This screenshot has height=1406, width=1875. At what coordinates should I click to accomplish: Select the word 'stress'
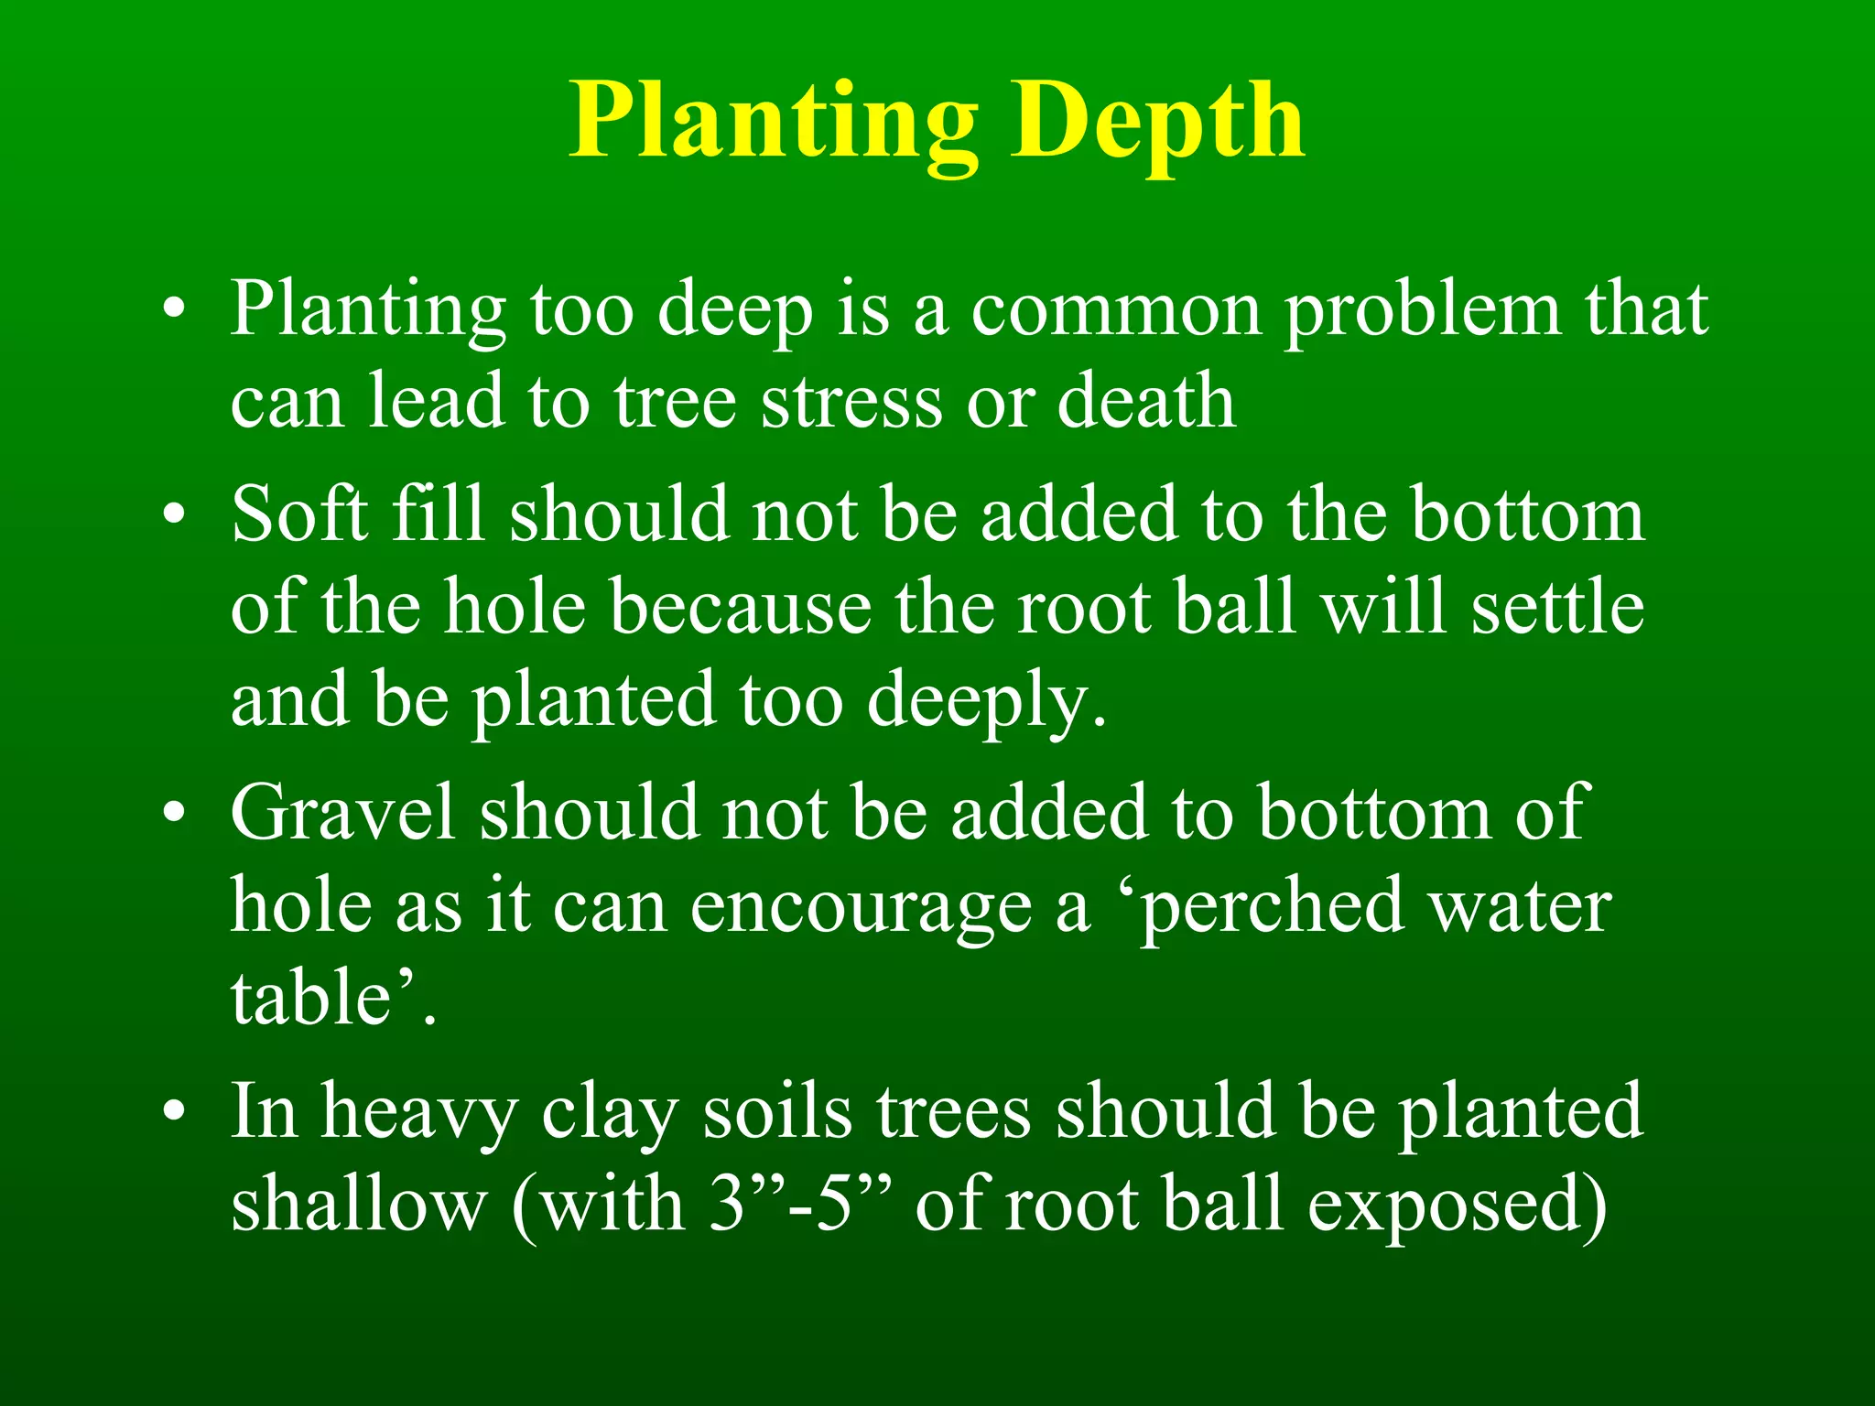click(x=851, y=403)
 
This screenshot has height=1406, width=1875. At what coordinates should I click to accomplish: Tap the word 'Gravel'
click(x=342, y=813)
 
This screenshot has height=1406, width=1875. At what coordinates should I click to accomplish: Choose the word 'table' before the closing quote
click(x=311, y=998)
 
